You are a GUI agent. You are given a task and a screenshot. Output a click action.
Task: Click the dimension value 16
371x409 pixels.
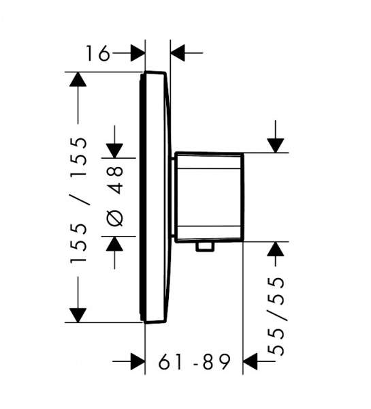tap(98, 53)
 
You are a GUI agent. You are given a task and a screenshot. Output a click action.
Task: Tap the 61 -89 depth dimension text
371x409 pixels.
tap(195, 362)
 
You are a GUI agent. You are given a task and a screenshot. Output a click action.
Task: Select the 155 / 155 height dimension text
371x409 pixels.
tap(78, 200)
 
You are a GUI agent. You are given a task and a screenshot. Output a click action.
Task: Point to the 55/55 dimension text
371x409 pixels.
tap(276, 316)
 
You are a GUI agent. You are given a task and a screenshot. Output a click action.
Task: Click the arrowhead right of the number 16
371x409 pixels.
tap(138, 53)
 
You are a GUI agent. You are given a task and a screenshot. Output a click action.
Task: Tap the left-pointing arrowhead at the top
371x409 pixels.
tap(178, 53)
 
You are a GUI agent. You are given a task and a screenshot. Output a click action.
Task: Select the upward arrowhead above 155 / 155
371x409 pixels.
tap(78, 79)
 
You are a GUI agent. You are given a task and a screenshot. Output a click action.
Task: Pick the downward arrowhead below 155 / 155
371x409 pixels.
tap(78, 315)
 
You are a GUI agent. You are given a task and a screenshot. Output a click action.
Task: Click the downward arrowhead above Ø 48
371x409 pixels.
tap(114, 151)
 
